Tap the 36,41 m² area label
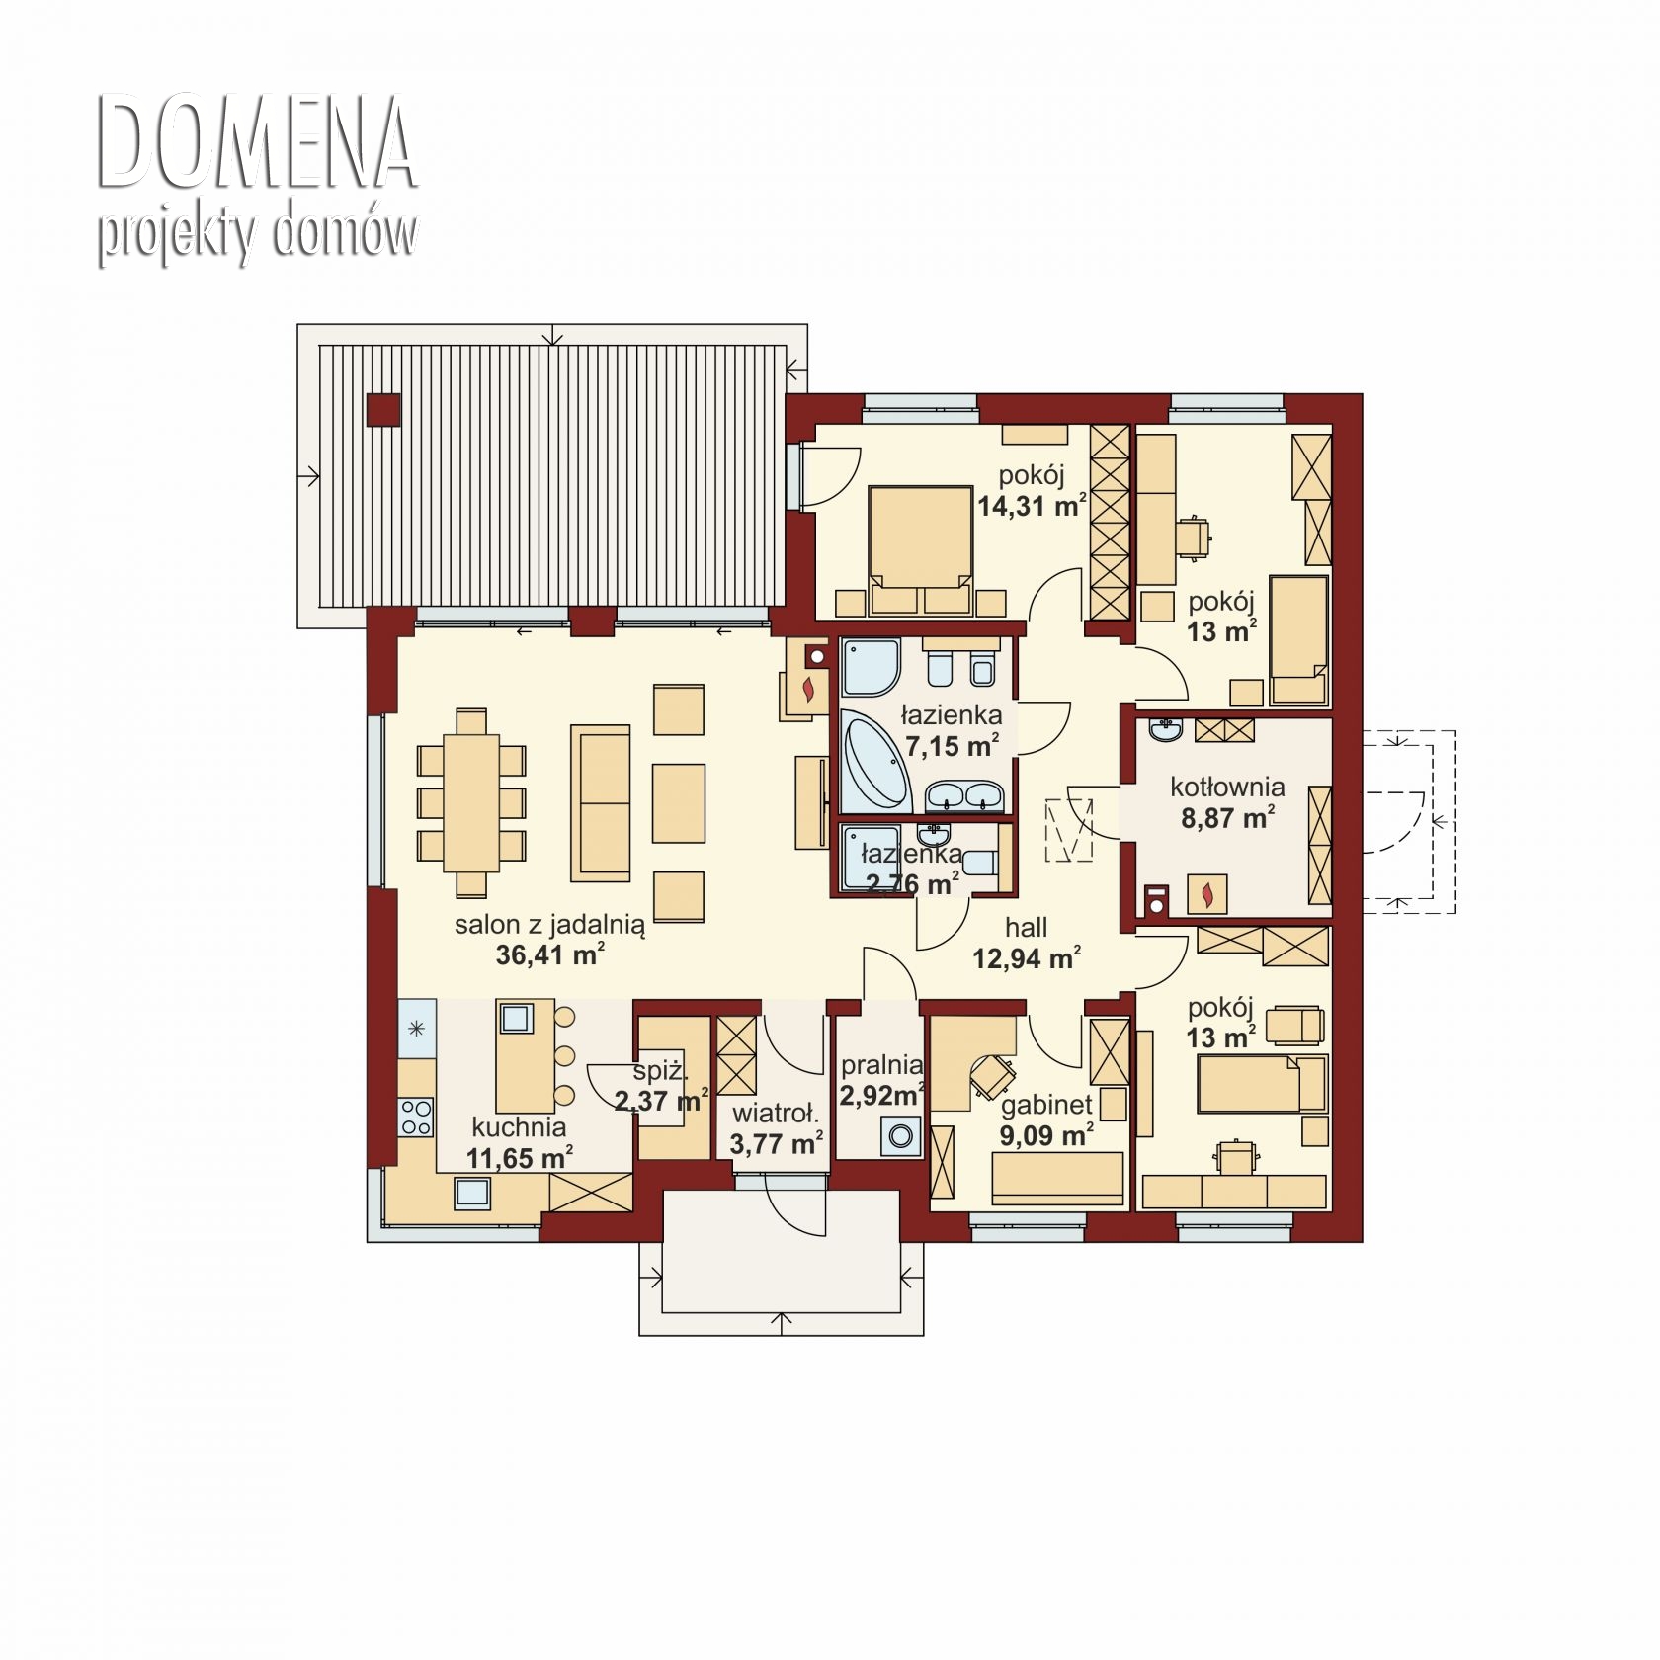[x=550, y=955]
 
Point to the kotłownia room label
[x=1227, y=788]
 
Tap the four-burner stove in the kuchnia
[x=416, y=1117]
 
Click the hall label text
[x=1026, y=928]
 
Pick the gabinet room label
[x=1046, y=1105]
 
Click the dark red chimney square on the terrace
[x=383, y=410]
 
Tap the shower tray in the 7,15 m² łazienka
[x=871, y=667]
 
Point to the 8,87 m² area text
[x=1227, y=818]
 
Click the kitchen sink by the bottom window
[x=472, y=1193]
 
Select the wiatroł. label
[x=776, y=1115]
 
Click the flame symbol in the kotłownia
[x=1206, y=894]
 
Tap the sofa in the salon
[x=600, y=803]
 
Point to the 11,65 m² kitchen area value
[x=520, y=1157]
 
